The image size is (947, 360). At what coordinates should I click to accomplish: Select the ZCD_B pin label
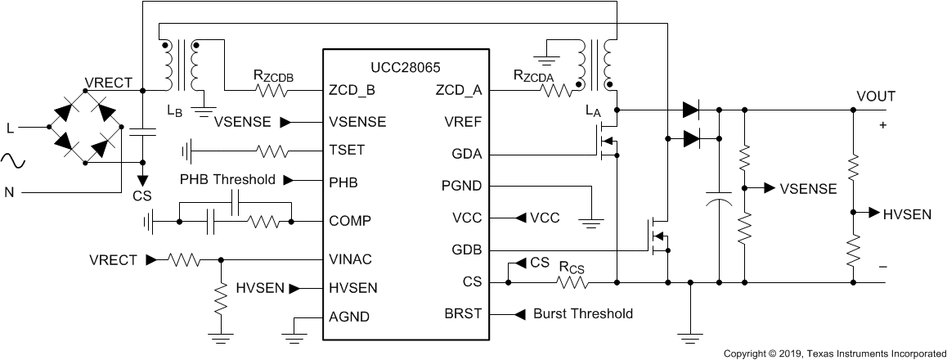352,90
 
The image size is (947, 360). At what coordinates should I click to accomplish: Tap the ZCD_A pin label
460,90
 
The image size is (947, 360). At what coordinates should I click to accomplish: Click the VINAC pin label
349,259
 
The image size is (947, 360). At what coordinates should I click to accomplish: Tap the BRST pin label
462,313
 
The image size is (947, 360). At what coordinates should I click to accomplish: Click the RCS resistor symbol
573,282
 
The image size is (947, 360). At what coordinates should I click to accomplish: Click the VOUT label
875,97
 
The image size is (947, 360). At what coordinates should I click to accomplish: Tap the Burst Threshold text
582,313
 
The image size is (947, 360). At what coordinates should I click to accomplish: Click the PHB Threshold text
227,180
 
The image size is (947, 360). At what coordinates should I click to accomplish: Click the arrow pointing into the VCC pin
520,218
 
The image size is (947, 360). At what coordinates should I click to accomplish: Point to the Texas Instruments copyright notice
833,353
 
